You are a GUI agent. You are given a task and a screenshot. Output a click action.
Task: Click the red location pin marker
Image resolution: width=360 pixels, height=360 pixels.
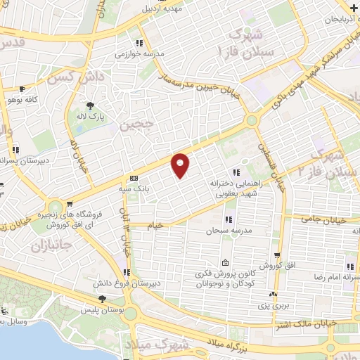click(181, 165)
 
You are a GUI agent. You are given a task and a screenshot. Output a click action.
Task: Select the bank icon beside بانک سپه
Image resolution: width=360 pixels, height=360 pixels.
click(134, 178)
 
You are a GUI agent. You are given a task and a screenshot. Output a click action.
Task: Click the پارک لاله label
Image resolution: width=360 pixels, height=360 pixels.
click(91, 117)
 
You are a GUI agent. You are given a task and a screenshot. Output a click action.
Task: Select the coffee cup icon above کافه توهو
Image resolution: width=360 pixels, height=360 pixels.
click(22, 89)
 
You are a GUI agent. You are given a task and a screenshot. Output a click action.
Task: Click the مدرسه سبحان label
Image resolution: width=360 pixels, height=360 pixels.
click(223, 230)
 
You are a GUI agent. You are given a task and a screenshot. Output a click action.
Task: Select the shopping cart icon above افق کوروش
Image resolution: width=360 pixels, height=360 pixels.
click(277, 255)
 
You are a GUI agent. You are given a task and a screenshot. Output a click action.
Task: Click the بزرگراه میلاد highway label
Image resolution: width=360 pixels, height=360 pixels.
click(234, 343)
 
